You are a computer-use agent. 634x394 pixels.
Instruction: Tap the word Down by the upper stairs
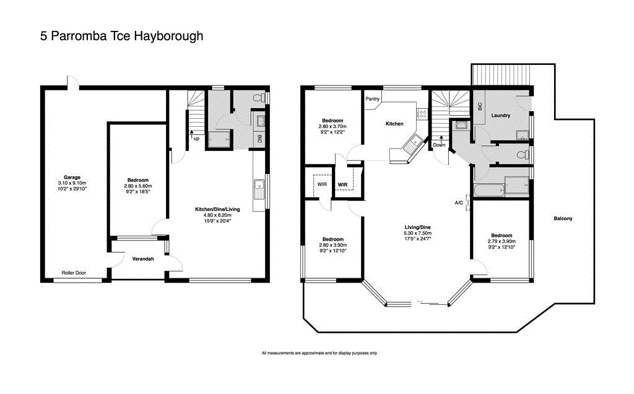tap(438, 145)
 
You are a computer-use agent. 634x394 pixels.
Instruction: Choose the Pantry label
tap(372, 99)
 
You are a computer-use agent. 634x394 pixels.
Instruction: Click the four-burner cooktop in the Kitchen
tap(423, 114)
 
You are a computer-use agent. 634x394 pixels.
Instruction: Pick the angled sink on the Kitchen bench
tap(411, 146)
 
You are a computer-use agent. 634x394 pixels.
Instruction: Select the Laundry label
tap(500, 116)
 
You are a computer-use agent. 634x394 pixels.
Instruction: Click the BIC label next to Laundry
tap(480, 106)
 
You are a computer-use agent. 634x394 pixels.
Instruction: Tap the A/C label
tap(459, 202)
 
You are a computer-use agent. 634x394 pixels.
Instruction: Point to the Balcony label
tap(562, 218)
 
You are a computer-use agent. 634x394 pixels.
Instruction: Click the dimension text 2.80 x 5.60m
tap(137, 186)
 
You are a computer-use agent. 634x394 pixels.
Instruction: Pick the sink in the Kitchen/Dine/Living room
tap(259, 184)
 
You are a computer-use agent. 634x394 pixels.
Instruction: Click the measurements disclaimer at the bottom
tap(319, 353)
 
